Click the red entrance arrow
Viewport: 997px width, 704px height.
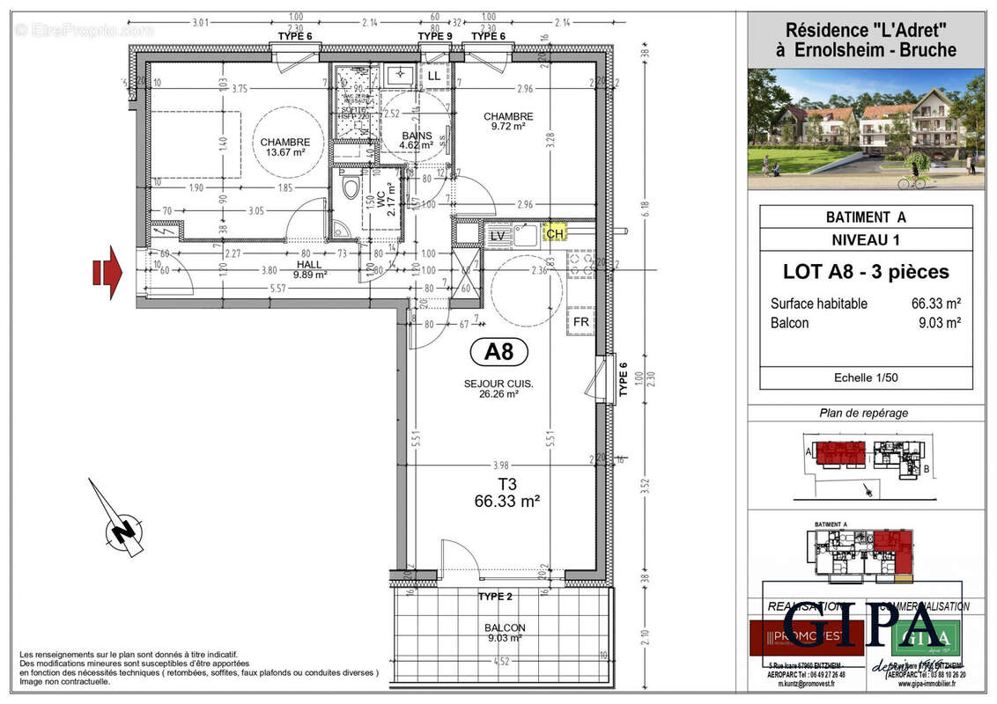(x=109, y=272)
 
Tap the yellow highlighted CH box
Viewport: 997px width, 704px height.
(x=555, y=234)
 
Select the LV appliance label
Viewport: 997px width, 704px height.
(x=498, y=235)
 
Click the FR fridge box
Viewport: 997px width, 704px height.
(x=581, y=321)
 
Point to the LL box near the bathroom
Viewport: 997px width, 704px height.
(x=435, y=77)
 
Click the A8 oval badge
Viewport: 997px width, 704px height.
(x=498, y=352)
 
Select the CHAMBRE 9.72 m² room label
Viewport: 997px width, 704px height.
(x=508, y=121)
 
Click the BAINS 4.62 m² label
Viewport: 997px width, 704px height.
(x=417, y=140)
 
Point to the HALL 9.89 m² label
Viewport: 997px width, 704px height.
(x=309, y=268)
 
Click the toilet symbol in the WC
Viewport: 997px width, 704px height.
(x=351, y=187)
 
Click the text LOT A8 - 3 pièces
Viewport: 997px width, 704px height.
(x=866, y=272)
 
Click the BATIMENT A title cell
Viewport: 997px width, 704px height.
(x=866, y=216)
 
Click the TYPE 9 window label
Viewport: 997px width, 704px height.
(x=434, y=36)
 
